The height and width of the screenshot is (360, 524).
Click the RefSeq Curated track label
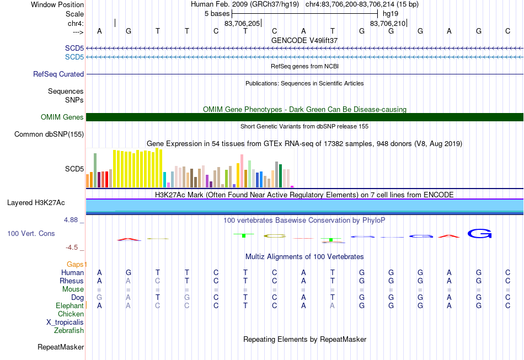point(58,74)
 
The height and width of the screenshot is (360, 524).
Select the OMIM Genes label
point(62,117)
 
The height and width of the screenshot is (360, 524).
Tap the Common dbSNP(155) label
point(49,135)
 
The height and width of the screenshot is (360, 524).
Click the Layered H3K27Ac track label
point(36,203)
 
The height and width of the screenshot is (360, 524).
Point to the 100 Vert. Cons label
point(31,233)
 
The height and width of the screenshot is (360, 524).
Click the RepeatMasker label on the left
point(61,347)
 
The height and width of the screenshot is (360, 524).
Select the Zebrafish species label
point(69,331)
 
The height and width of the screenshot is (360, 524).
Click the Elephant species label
point(70,305)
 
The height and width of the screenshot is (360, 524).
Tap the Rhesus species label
point(72,281)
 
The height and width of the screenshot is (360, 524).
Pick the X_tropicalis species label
point(65,323)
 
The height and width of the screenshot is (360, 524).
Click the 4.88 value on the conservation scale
point(71,220)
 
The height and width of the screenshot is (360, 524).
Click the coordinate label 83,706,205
point(242,23)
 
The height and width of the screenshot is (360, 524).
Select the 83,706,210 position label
point(388,23)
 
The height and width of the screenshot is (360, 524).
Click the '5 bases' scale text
point(217,14)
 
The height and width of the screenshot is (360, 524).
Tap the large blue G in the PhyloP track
point(479,233)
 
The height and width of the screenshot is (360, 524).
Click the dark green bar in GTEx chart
point(281,176)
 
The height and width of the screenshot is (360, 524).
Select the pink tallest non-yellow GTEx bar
point(242,171)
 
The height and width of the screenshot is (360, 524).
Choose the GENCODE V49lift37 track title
point(304,40)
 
